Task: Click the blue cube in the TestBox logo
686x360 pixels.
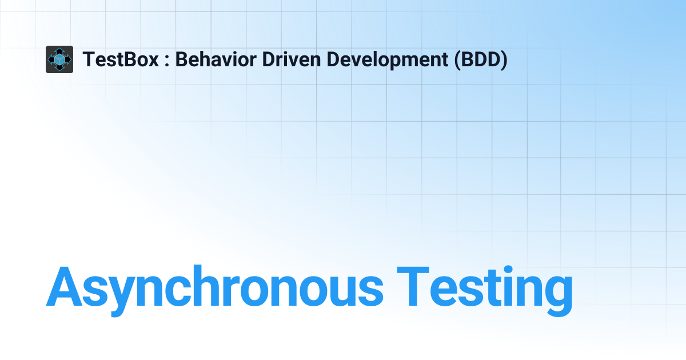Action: click(x=59, y=59)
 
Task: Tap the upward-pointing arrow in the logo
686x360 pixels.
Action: click(x=59, y=50)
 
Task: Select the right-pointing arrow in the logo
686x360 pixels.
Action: click(x=69, y=59)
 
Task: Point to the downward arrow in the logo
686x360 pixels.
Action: click(x=59, y=69)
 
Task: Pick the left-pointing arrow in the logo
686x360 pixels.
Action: click(x=50, y=59)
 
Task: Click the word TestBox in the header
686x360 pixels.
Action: click(x=121, y=59)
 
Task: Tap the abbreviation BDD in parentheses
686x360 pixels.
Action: click(x=480, y=59)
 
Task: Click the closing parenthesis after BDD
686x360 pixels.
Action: click(x=504, y=59)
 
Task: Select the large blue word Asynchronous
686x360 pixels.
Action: click(x=215, y=287)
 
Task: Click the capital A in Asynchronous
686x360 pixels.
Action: click(x=67, y=286)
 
